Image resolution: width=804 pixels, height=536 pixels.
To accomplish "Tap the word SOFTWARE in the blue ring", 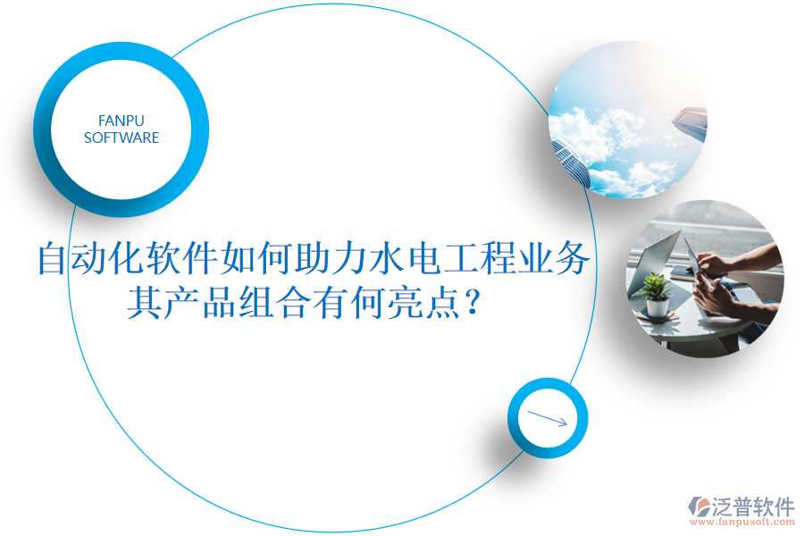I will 121,138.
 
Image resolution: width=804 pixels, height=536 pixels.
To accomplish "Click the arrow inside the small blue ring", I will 548,418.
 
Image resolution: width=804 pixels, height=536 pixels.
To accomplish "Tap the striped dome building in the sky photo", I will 572,161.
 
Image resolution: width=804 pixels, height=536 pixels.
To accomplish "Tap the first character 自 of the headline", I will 53,260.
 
